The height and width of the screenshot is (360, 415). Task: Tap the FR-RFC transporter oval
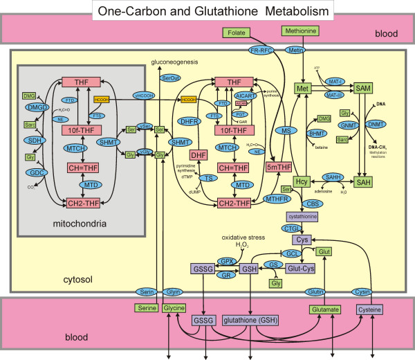click(264, 50)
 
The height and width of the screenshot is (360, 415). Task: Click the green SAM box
click(363, 89)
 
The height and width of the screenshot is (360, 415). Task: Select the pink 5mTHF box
click(279, 167)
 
